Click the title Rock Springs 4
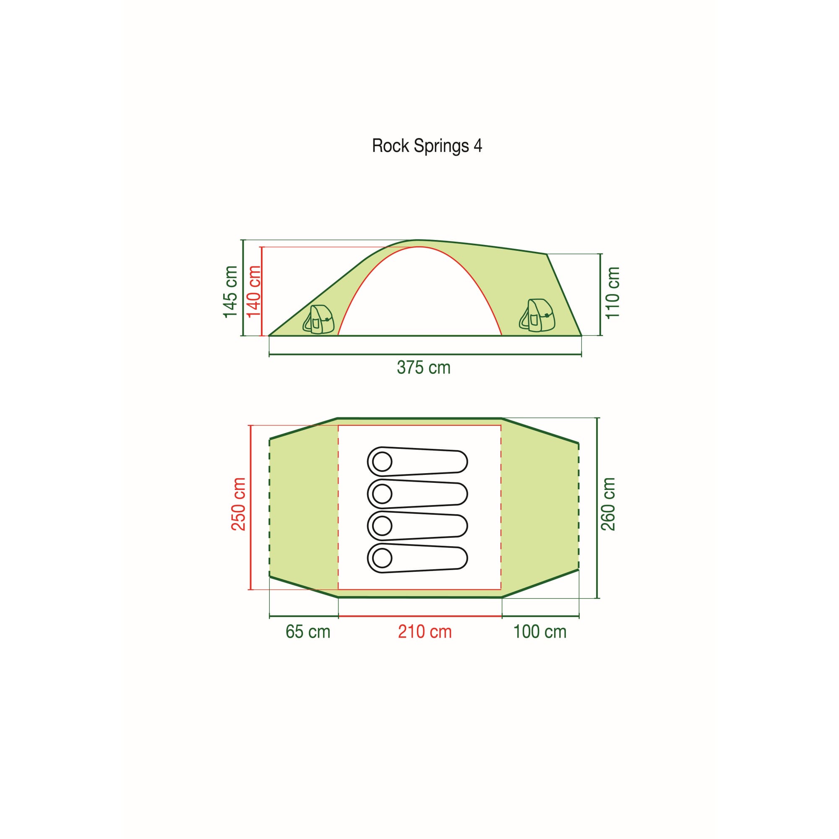(427, 146)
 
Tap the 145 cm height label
(231, 292)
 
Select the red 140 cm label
(254, 292)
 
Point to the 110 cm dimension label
(612, 293)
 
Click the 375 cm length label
(423, 368)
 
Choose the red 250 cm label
(238, 504)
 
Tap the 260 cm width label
(608, 504)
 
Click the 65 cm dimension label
(308, 632)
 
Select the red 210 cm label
(425, 632)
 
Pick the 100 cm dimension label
(540, 632)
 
